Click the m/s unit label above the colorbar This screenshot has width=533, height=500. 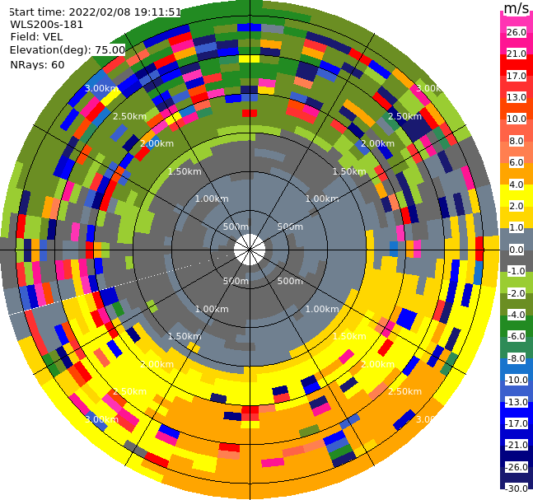(x=516, y=9)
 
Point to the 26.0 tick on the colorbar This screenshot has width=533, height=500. (x=517, y=32)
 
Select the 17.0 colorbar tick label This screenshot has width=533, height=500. (x=517, y=76)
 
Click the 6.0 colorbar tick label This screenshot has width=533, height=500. (x=517, y=162)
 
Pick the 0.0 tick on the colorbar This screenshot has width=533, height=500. (x=517, y=250)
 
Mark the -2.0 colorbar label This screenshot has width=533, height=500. (x=517, y=293)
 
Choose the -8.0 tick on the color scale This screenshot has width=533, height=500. (x=517, y=358)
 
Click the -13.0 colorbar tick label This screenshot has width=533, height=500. (x=517, y=402)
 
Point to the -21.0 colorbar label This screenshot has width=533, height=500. (x=517, y=445)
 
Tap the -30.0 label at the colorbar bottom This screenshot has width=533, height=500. (x=517, y=488)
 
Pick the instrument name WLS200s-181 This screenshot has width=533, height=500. (x=47, y=25)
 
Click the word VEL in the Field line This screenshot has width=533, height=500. (x=53, y=37)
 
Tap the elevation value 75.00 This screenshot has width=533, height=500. (x=110, y=49)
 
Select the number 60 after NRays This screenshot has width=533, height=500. (x=57, y=64)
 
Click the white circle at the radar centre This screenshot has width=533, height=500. (x=249, y=249)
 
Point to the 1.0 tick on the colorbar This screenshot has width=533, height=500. (x=517, y=227)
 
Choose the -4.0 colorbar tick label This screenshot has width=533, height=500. (x=517, y=315)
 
